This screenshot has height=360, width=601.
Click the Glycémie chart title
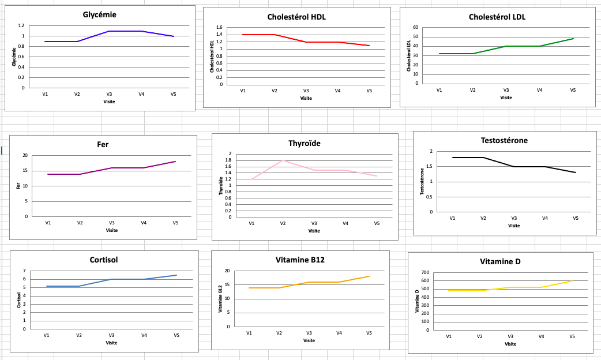coord(100,14)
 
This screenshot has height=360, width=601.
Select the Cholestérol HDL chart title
coord(296,17)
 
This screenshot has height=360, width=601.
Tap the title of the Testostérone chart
coord(504,140)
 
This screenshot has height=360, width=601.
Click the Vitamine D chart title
coord(500,261)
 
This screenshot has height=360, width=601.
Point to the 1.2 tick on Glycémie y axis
coord(21,26)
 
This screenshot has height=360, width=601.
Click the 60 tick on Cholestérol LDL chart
coord(415,28)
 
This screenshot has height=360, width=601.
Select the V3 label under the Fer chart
coord(112,223)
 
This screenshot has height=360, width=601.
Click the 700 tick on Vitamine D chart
coord(425,272)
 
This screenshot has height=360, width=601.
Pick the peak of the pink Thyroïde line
coord(282,160)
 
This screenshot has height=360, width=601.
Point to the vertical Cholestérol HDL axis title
coord(212,56)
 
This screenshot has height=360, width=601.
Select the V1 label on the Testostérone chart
coord(452,218)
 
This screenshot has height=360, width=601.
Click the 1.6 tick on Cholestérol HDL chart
coord(219,28)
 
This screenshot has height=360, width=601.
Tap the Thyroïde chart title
coord(305,143)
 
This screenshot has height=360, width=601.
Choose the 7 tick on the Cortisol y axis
coord(24,271)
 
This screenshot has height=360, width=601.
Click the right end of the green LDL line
coord(573,39)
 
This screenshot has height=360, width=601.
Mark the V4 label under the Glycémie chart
coord(141,93)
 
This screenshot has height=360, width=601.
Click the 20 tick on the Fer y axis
coord(24,156)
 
